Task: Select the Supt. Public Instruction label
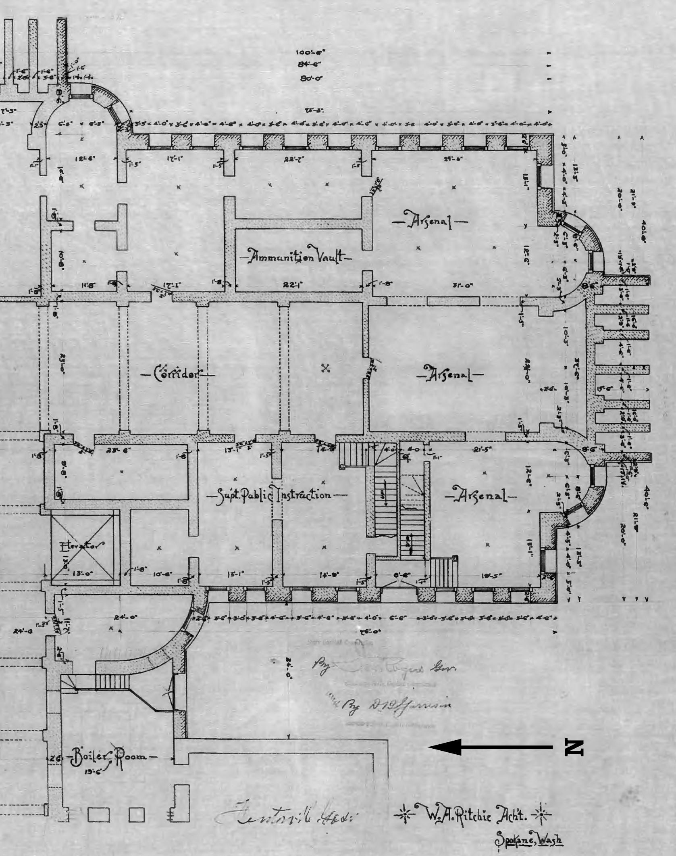[x=276, y=494]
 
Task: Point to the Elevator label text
[x=82, y=547]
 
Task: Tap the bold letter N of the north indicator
[x=573, y=747]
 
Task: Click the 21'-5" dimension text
[x=482, y=449]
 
